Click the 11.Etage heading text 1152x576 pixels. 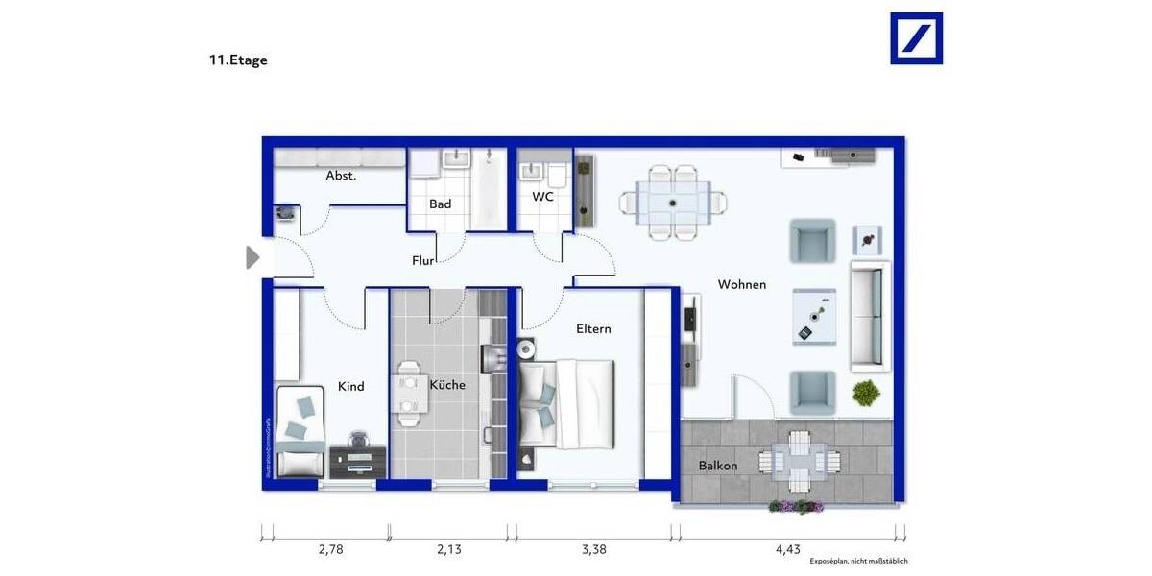238,60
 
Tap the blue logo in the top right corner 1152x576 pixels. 916,38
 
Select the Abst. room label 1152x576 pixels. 341,176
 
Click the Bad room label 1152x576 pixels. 440,204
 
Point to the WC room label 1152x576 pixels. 543,197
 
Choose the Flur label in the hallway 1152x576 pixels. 423,260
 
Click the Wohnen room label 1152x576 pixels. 742,284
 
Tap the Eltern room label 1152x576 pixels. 593,328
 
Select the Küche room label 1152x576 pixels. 447,385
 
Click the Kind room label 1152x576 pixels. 351,387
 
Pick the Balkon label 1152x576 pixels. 718,466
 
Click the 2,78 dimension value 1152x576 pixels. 331,550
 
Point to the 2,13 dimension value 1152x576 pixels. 449,550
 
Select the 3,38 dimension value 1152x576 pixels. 593,550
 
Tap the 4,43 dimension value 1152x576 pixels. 787,550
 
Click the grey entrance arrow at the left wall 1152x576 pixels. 253,257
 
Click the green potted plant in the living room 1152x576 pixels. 866,392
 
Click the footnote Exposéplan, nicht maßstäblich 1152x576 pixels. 858,561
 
